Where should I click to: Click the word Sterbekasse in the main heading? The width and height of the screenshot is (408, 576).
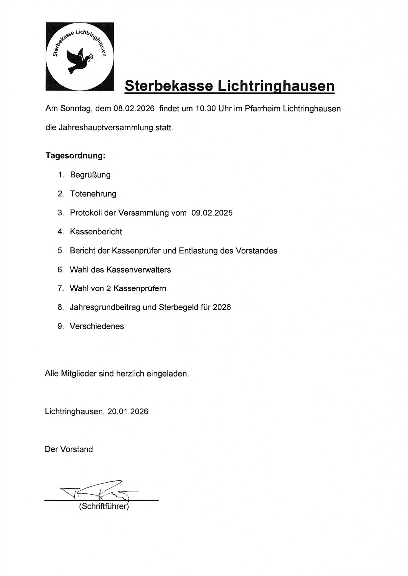pos(169,86)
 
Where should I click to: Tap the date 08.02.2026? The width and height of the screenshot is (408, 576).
pos(134,109)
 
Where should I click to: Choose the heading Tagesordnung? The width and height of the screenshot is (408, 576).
pos(75,156)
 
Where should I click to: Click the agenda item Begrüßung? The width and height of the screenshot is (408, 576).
pos(90,175)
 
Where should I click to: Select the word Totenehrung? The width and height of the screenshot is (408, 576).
pos(93,194)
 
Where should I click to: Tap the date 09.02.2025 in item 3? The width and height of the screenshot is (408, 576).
pos(212,213)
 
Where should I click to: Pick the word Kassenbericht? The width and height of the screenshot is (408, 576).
pos(96,232)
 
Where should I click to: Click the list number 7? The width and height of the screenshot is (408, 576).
pos(61,289)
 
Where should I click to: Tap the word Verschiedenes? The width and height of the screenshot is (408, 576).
pos(97,327)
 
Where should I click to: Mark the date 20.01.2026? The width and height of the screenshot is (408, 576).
pos(128,412)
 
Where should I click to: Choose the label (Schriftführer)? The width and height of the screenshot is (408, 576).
pos(104,506)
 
